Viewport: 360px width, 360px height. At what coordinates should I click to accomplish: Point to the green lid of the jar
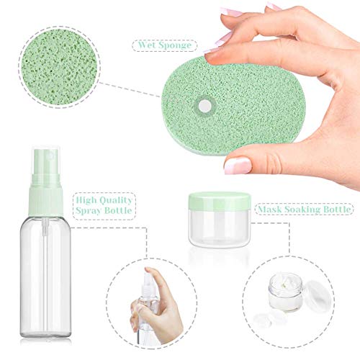[x=219, y=199]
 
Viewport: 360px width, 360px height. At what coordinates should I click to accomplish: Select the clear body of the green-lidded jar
[x=220, y=228]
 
